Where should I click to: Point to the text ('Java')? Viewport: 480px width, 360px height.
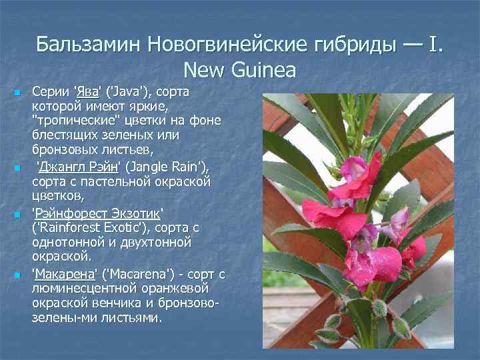click(131, 92)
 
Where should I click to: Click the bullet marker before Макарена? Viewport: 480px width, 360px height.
click(17, 275)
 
